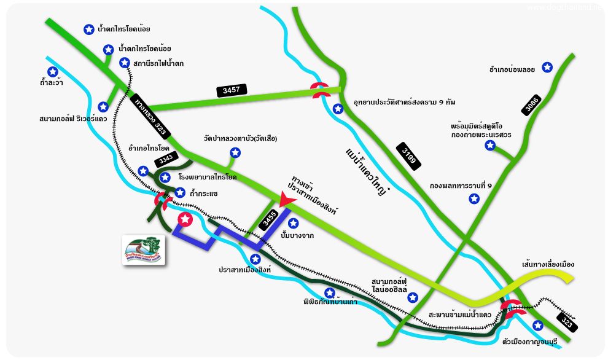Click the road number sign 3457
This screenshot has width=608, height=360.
point(232,90)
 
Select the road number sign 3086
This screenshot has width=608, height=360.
point(531,106)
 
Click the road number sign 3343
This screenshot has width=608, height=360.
point(166,159)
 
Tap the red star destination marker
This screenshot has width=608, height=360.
point(185,219)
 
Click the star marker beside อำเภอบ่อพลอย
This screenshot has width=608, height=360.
point(548,67)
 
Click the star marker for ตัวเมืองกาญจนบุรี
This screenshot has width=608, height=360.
point(538,325)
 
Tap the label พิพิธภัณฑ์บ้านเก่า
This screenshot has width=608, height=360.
point(330,302)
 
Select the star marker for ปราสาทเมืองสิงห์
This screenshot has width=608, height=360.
point(255,259)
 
